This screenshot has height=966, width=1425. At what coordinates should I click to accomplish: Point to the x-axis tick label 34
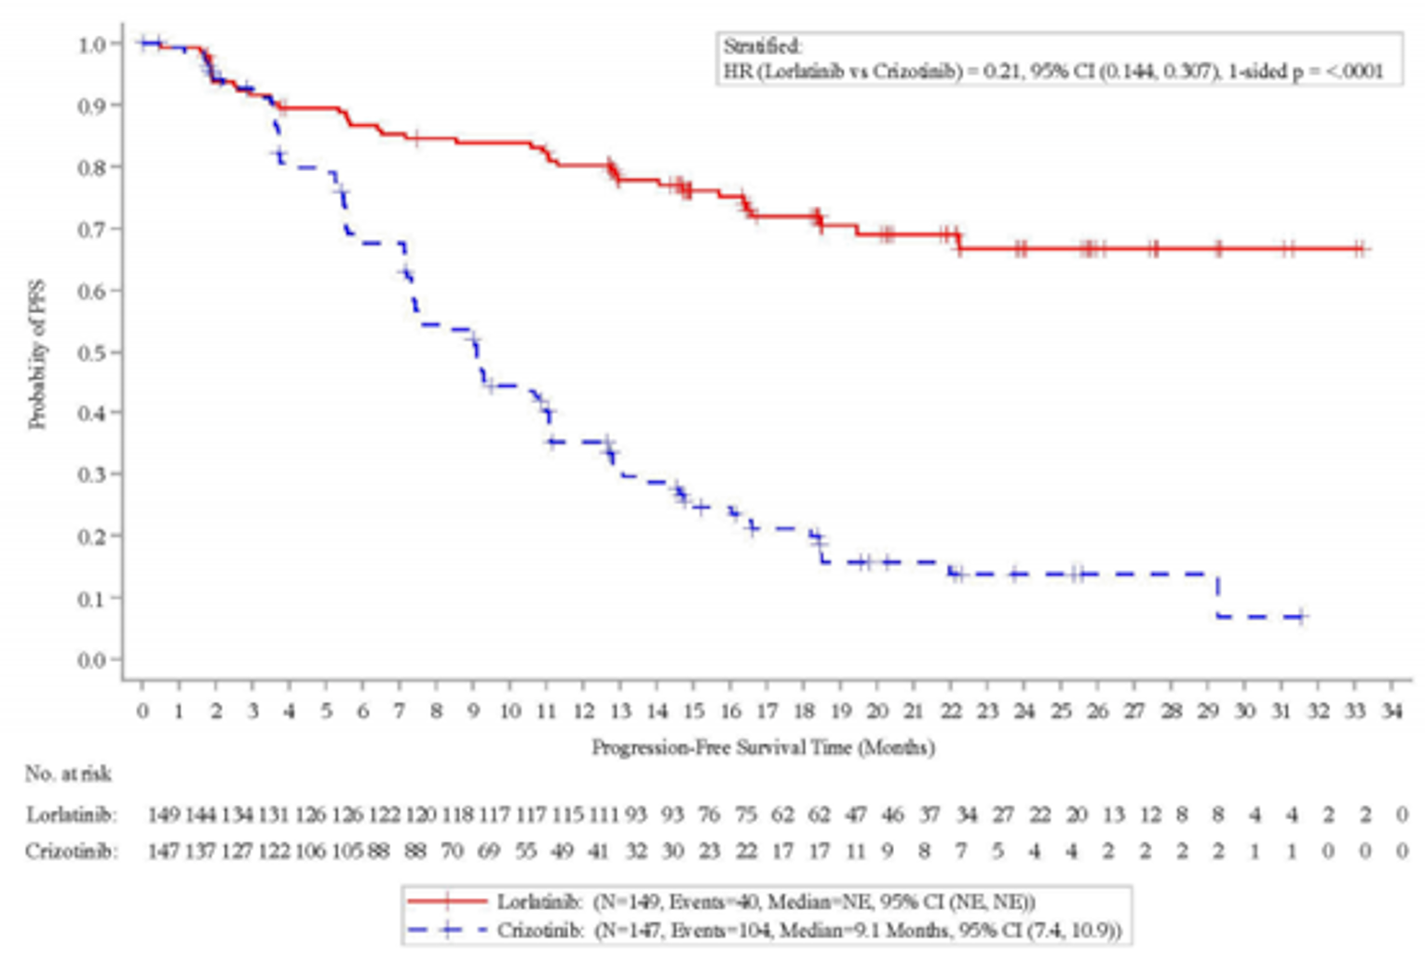point(1391,712)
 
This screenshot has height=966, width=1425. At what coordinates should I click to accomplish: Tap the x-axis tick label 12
point(583,712)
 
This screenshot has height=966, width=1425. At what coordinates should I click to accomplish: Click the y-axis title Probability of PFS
point(37,355)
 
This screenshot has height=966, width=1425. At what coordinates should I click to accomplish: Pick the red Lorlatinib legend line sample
point(448,901)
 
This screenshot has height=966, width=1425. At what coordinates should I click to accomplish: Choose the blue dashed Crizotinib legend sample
point(448,930)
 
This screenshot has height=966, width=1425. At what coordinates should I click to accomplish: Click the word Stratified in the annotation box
point(762,47)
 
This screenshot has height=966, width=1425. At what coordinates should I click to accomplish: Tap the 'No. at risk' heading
point(68,774)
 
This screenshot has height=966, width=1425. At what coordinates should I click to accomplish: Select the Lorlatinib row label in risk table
point(72,815)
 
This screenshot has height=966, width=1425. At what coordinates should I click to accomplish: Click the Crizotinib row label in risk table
point(72,850)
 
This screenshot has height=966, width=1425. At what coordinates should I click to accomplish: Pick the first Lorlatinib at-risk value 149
point(163,815)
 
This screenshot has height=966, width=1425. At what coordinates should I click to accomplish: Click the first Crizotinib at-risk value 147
point(163,850)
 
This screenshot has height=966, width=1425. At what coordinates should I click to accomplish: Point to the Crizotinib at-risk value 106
point(310,850)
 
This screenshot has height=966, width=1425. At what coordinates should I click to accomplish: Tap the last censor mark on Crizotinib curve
point(1301,617)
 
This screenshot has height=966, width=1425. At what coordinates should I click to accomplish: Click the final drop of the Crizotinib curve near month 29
point(1217,595)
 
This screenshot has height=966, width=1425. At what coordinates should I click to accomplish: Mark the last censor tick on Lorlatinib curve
point(1362,249)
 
